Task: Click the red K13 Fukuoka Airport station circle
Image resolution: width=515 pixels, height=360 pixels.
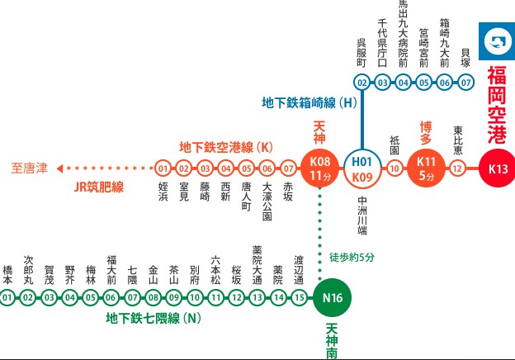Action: pyautogui.click(x=498, y=168)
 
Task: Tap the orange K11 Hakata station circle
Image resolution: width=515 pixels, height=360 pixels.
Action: pyautogui.click(x=426, y=168)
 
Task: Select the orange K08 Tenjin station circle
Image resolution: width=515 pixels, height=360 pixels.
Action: pyautogui.click(x=320, y=168)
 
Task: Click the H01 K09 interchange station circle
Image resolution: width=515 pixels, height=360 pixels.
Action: pyautogui.click(x=362, y=168)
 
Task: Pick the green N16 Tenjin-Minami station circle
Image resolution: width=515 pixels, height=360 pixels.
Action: pyautogui.click(x=333, y=297)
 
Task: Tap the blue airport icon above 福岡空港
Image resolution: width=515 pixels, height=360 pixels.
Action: pyautogui.click(x=497, y=41)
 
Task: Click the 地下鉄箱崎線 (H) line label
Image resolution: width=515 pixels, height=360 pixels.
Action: pyautogui.click(x=309, y=103)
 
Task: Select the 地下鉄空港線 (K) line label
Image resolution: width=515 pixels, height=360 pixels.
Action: pyautogui.click(x=226, y=147)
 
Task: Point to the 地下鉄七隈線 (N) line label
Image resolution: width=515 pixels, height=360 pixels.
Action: pyautogui.click(x=154, y=318)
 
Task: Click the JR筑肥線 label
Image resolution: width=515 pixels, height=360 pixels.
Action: pyautogui.click(x=99, y=187)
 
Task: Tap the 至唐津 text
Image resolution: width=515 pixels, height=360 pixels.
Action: pyautogui.click(x=30, y=168)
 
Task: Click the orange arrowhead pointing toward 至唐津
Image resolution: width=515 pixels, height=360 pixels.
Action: pyautogui.click(x=59, y=168)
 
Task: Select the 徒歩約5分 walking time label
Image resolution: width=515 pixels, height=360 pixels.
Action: pyautogui.click(x=352, y=257)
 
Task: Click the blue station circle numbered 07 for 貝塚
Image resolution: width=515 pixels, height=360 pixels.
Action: pyautogui.click(x=465, y=83)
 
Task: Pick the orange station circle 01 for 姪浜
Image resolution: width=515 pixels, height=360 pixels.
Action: pyautogui.click(x=163, y=168)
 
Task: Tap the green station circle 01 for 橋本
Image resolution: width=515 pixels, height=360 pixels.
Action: pyautogui.click(x=7, y=297)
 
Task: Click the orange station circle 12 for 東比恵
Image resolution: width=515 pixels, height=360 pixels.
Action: pyautogui.click(x=457, y=168)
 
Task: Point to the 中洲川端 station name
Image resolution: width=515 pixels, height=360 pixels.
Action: pyautogui.click(x=362, y=216)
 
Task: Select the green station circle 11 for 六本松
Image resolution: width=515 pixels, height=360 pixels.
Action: pyautogui.click(x=215, y=297)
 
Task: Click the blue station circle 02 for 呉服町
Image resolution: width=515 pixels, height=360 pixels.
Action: pyautogui.click(x=362, y=83)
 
